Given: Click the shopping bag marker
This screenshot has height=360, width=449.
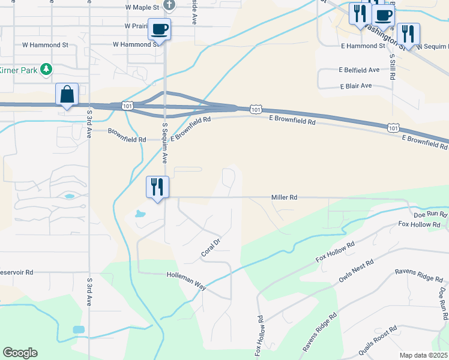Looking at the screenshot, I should tap(67, 95).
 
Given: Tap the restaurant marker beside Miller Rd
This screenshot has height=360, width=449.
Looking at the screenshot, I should tap(157, 187).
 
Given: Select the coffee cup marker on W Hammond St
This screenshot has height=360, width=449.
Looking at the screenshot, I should tap(160, 28).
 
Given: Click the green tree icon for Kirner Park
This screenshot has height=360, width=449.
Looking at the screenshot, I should tap(46, 70).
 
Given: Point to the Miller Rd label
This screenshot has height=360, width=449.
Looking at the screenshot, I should tap(284, 197).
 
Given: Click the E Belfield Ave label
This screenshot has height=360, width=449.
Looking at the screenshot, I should tap(359, 70).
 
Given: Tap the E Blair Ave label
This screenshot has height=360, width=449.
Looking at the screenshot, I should tap(356, 86).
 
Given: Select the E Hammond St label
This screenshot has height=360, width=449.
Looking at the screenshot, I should tap(363, 46).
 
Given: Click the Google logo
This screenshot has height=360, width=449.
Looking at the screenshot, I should tap(20, 352).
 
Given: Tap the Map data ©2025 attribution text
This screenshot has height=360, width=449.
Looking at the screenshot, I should tap(423, 355).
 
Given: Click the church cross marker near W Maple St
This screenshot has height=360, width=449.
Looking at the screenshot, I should tap(169, 5).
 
